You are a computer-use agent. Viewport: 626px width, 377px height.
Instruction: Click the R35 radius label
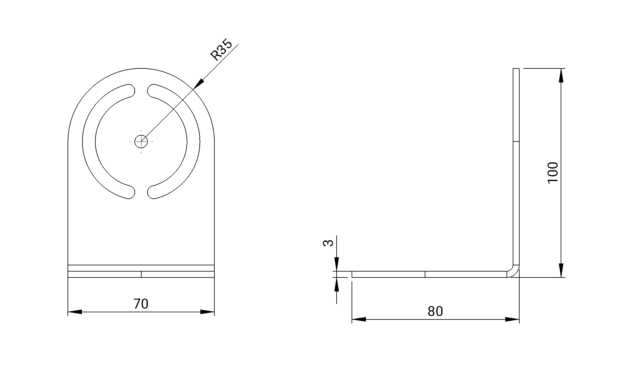(x=221, y=50)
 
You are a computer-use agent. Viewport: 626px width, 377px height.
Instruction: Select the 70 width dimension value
(x=141, y=304)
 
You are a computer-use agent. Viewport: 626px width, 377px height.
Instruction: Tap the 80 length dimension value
(x=435, y=311)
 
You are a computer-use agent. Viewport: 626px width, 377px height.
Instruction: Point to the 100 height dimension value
(x=553, y=173)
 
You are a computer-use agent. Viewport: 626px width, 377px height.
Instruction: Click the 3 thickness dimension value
(x=328, y=243)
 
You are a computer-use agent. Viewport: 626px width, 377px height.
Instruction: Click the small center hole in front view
(x=141, y=142)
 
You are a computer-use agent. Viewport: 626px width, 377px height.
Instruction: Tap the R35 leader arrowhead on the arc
(x=199, y=83)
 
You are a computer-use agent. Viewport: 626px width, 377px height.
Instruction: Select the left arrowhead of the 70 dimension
(x=75, y=312)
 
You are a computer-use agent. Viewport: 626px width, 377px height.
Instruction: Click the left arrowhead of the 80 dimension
(x=359, y=319)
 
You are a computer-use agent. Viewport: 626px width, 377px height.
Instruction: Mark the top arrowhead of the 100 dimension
(x=561, y=75)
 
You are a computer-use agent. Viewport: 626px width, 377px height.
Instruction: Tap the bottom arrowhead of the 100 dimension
(x=561, y=270)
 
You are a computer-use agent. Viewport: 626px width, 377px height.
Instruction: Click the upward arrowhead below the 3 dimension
(x=336, y=284)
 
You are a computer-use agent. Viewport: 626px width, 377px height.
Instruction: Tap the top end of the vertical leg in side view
(x=516, y=69)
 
